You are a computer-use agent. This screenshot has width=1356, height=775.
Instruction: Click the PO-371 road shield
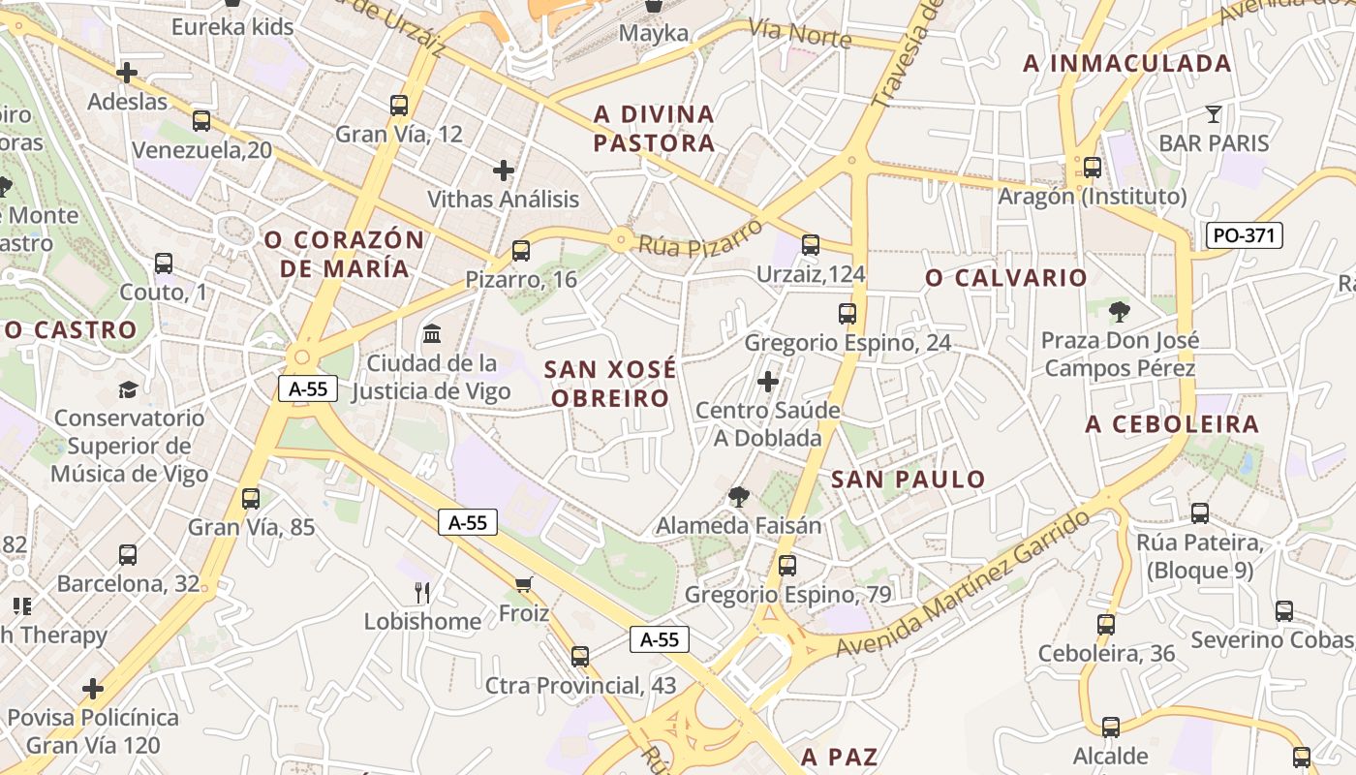coord(1245,234)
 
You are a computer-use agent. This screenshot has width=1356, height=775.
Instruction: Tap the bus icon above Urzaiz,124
coord(811,245)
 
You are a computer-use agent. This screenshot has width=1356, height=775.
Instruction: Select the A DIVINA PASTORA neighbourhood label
coord(654,129)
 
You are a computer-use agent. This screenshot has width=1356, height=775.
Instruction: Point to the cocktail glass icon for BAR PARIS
coord(1214,114)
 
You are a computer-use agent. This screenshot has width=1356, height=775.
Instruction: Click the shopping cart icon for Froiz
coord(524,584)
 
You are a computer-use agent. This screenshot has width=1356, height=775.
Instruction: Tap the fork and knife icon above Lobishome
coord(422,592)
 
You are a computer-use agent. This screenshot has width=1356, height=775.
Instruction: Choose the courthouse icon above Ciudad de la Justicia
coord(432,335)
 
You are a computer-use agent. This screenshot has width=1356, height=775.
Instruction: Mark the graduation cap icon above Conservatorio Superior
coord(128,389)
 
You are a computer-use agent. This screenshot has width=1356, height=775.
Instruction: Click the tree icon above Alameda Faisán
coord(739,497)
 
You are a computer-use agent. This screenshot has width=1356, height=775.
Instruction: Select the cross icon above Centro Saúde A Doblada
coord(768,382)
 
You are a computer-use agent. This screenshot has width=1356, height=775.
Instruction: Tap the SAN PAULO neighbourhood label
coord(908,480)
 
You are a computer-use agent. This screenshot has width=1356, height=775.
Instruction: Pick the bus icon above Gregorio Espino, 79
coord(787,565)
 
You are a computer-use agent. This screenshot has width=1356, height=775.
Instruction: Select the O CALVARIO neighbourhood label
coord(1006,278)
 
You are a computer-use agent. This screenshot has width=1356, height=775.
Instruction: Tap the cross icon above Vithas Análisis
coord(504,170)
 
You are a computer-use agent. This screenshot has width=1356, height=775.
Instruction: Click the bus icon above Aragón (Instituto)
coord(1093,168)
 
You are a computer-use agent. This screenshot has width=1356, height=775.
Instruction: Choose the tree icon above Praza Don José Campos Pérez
coord(1120,311)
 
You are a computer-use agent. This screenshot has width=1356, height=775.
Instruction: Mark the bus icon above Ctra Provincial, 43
coord(580,656)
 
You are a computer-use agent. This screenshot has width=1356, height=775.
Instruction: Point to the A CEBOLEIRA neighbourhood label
coord(1172,424)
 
